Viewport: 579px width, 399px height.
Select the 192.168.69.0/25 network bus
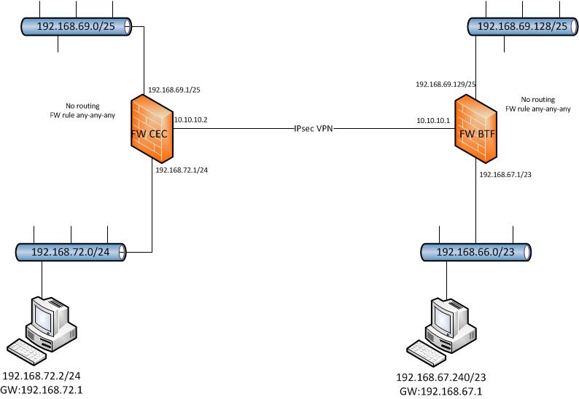coord(73,25)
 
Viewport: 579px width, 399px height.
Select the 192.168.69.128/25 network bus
coord(522,26)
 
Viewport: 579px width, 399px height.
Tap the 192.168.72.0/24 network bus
coord(69,252)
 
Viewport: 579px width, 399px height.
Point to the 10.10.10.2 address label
coord(191,119)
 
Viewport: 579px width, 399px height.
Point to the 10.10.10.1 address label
coord(433,119)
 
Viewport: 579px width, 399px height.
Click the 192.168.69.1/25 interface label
coord(174,90)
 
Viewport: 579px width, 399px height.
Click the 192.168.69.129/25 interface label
coord(446,84)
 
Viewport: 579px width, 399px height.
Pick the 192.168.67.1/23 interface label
coord(505,175)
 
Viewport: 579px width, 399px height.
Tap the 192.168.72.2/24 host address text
coord(42,376)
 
